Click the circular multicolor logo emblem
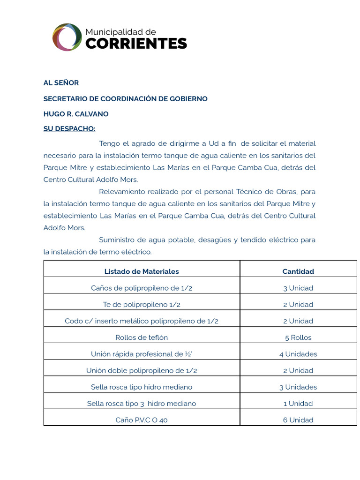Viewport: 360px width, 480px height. (67, 37)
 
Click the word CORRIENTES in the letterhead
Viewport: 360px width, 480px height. (136, 44)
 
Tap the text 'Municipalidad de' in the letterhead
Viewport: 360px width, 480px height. (120, 31)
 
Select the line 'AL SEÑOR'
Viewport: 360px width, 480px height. (61, 82)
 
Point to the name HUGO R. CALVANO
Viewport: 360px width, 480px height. (76, 114)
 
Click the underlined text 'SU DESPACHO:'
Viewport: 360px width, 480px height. (69, 129)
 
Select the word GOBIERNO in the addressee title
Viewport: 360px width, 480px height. (188, 99)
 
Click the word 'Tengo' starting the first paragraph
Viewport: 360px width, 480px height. (109, 143)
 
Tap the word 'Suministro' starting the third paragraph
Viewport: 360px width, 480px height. (118, 240)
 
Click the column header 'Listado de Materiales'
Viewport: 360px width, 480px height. (142, 271)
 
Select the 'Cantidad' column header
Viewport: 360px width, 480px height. (298, 271)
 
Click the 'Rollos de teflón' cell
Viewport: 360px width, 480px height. (142, 337)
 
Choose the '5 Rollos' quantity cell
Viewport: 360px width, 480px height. (298, 337)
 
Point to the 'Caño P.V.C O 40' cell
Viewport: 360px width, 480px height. (142, 420)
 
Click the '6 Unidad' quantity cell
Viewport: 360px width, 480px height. (298, 420)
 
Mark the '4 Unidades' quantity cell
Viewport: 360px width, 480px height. (298, 354)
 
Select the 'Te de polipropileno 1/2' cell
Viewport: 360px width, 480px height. (142, 305)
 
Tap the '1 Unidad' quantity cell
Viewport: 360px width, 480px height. (298, 404)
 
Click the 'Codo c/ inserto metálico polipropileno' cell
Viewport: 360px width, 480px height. (142, 321)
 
